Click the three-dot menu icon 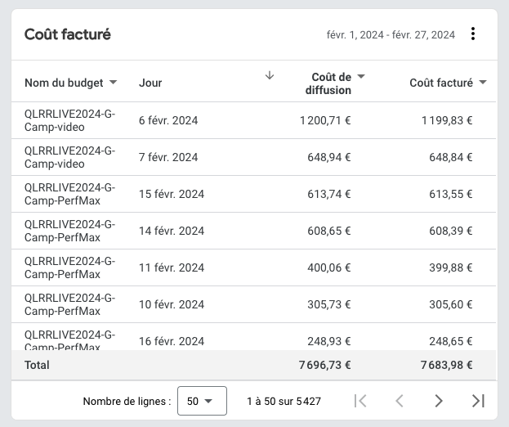tap(473, 34)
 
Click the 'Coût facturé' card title tap(68, 34)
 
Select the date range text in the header tap(391, 35)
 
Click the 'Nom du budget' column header tap(64, 83)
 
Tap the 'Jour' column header tap(150, 83)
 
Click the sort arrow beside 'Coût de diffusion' tap(270, 75)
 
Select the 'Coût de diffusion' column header tap(328, 83)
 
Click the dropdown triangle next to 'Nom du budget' tap(113, 83)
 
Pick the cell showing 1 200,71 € tap(325, 120)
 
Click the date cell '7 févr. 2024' tap(168, 157)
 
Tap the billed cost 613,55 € tap(450, 194)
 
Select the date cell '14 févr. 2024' tap(172, 231)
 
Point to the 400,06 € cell tap(329, 267)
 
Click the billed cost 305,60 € tap(450, 304)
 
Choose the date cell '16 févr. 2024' tap(172, 341)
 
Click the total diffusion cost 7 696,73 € tap(325, 365)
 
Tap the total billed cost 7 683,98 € tap(447, 365)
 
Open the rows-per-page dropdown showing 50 tap(202, 401)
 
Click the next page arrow tap(439, 401)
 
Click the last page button tap(478, 401)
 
